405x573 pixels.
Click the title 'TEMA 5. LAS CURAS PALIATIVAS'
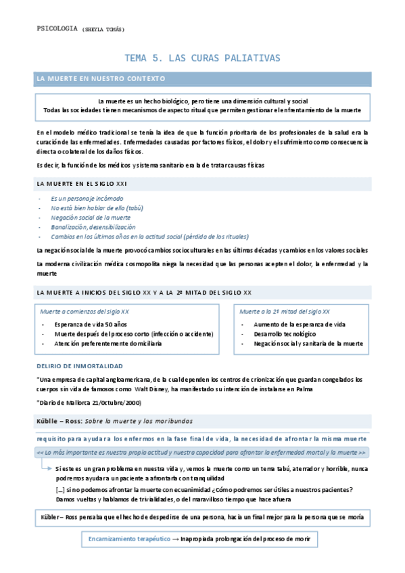(x=203, y=58)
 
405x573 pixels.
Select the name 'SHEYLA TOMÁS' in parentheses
(x=103, y=30)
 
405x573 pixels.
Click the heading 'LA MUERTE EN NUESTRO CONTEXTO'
(x=101, y=79)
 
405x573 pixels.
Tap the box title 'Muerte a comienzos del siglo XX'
(x=85, y=312)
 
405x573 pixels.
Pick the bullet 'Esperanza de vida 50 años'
(x=91, y=325)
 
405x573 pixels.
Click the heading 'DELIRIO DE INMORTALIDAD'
(x=79, y=366)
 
